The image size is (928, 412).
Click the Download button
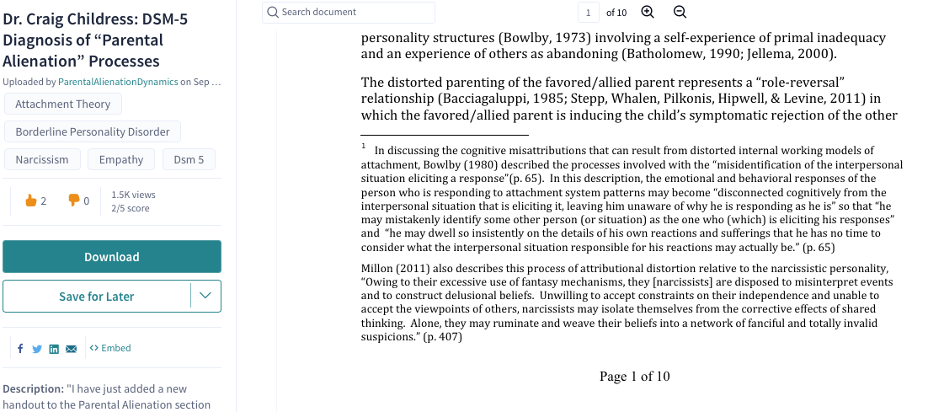tap(111, 257)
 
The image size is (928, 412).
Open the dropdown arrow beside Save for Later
tap(206, 296)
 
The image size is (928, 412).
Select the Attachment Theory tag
tap(63, 104)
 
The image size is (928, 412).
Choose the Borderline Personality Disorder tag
tap(93, 131)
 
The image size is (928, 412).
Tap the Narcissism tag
tap(42, 159)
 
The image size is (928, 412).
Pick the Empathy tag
tap(121, 159)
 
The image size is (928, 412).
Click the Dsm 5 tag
tap(189, 159)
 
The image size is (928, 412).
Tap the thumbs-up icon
tap(30, 201)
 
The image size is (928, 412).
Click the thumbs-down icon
tap(73, 201)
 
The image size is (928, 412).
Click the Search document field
tap(349, 12)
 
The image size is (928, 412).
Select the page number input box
tap(589, 12)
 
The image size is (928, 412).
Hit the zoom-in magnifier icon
tap(648, 12)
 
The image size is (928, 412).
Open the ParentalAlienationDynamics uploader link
tap(118, 82)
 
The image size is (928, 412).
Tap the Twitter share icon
tap(37, 349)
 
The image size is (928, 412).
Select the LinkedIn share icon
tap(54, 349)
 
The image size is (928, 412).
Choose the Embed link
tap(110, 348)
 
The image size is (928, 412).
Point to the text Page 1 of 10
tap(634, 376)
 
